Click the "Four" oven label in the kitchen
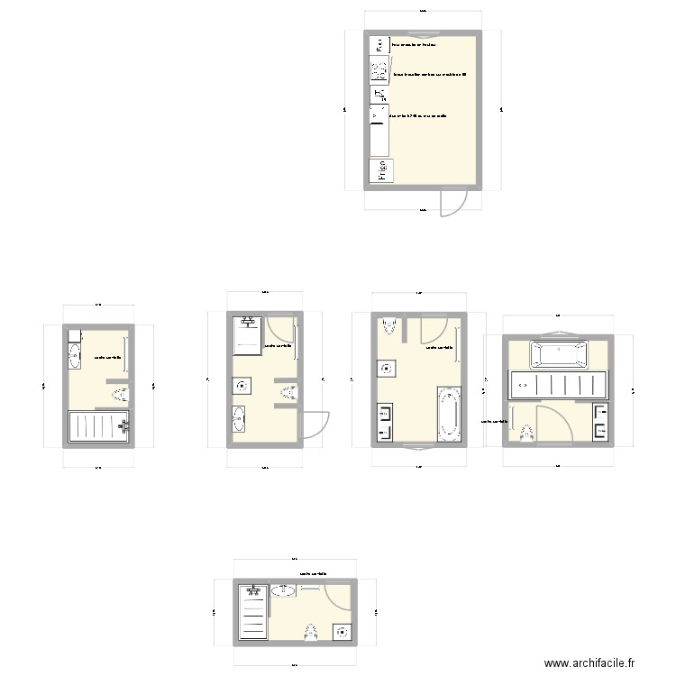click(379, 44)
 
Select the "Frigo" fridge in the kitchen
click(379, 169)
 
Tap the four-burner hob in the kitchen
click(378, 69)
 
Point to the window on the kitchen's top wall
click(423, 32)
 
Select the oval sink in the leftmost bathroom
click(74, 356)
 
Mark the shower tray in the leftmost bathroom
click(99, 425)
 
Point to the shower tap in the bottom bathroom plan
click(253, 590)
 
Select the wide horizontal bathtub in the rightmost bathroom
click(559, 354)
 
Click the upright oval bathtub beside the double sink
click(448, 414)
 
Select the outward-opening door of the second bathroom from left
click(314, 424)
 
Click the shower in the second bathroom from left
click(248, 335)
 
